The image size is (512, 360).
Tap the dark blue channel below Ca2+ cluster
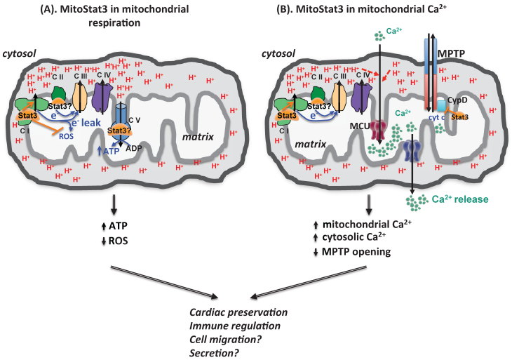410,152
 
